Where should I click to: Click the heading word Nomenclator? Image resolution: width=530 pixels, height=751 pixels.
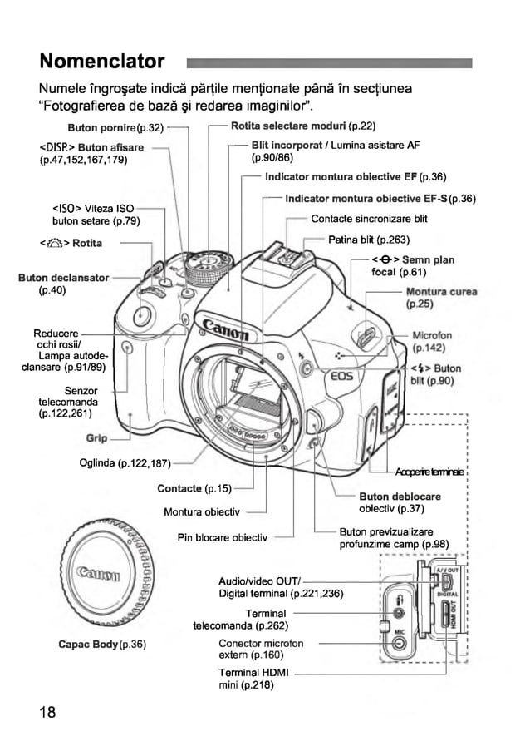coord(101,62)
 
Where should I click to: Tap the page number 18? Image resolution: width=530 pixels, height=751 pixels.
coord(47,713)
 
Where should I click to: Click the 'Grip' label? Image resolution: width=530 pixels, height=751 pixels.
coord(96,437)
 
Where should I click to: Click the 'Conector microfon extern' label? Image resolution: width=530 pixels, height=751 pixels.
coord(260,649)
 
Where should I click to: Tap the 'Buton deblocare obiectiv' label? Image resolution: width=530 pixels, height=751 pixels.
coord(400,502)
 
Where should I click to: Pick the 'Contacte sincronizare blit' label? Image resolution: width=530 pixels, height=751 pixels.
coord(369,219)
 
